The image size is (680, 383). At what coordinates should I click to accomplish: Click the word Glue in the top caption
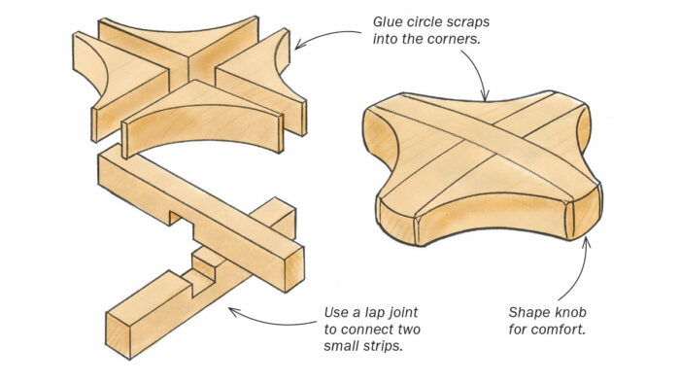tap(390, 19)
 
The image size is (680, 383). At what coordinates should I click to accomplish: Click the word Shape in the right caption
tap(529, 313)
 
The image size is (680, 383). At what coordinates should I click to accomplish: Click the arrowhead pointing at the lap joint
tap(230, 311)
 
